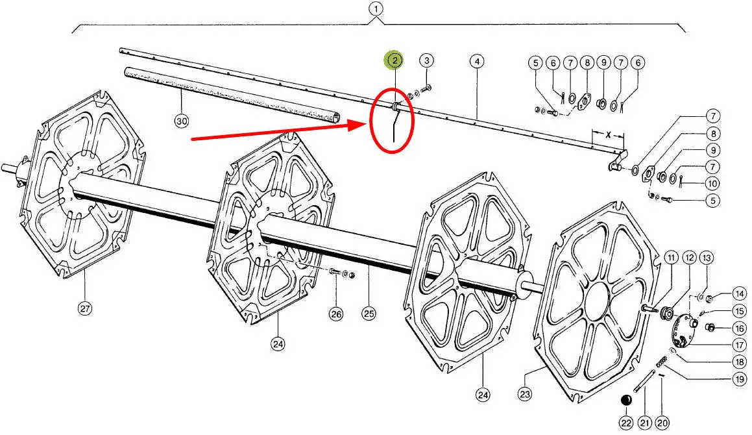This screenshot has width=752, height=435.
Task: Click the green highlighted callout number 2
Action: (394, 61)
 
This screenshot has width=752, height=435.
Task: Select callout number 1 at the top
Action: (375, 9)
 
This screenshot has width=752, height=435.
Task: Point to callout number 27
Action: (85, 309)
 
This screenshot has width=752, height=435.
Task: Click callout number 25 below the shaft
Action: (369, 314)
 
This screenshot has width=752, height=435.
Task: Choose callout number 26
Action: (335, 314)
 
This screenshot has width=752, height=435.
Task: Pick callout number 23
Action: (524, 393)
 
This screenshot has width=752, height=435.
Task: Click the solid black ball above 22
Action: (626, 400)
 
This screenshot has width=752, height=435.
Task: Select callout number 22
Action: (625, 423)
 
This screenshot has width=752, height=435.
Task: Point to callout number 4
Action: (477, 62)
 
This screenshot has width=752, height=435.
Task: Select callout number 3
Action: (426, 61)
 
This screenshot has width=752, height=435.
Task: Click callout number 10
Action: (712, 183)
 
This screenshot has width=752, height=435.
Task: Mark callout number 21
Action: (644, 423)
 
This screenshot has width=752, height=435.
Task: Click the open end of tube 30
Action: (336, 118)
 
